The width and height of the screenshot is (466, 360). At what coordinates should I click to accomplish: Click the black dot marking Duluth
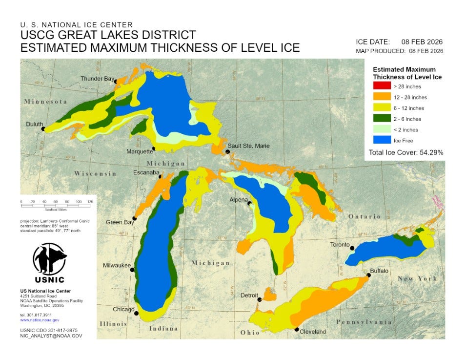[43, 129]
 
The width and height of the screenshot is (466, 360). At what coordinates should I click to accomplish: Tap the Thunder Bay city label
[97, 78]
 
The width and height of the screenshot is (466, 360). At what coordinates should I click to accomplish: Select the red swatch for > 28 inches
[382, 86]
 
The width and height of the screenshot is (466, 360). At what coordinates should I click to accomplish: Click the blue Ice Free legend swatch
[382, 141]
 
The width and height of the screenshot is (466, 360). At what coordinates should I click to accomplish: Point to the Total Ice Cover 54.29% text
[406, 152]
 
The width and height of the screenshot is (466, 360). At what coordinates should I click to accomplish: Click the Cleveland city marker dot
[296, 329]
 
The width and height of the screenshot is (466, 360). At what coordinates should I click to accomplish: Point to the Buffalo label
[379, 270]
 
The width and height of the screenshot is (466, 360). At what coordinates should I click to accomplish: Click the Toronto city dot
[351, 248]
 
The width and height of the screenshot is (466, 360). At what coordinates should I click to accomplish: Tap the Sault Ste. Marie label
[248, 146]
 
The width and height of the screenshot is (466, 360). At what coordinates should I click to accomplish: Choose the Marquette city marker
[154, 148]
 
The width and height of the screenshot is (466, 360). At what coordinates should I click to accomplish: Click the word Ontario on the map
[364, 216]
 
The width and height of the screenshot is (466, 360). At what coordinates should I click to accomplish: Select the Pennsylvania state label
[364, 322]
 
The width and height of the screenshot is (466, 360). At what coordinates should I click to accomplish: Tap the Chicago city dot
[137, 313]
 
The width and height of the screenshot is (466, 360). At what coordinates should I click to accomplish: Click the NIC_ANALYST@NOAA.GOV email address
[51, 336]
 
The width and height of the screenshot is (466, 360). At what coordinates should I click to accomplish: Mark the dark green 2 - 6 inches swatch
[382, 119]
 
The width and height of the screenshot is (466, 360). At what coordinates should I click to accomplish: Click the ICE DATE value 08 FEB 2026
[422, 42]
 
